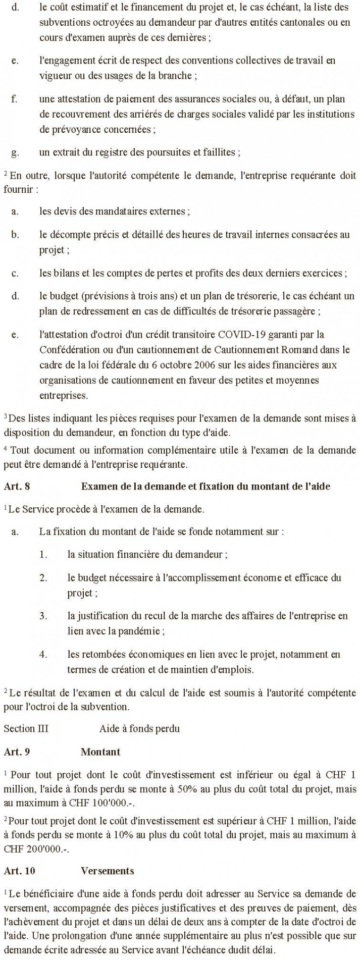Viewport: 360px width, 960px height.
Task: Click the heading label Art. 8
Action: pyautogui.click(x=17, y=487)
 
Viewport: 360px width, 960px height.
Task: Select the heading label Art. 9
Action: pyautogui.click(x=17, y=752)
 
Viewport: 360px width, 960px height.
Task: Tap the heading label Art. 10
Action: pyautogui.click(x=19, y=871)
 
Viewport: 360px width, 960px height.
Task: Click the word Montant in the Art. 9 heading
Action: pyautogui.click(x=100, y=752)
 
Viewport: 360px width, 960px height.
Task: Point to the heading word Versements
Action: pyautogui.click(x=108, y=871)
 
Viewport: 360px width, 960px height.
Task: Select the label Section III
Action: pyautogui.click(x=26, y=729)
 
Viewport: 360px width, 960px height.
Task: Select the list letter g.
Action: pyautogui.click(x=15, y=152)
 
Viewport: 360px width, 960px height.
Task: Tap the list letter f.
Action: pyautogui.click(x=14, y=99)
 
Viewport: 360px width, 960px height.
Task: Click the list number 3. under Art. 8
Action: pyautogui.click(x=43, y=616)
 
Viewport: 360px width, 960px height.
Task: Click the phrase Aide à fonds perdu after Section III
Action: pyautogui.click(x=139, y=729)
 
